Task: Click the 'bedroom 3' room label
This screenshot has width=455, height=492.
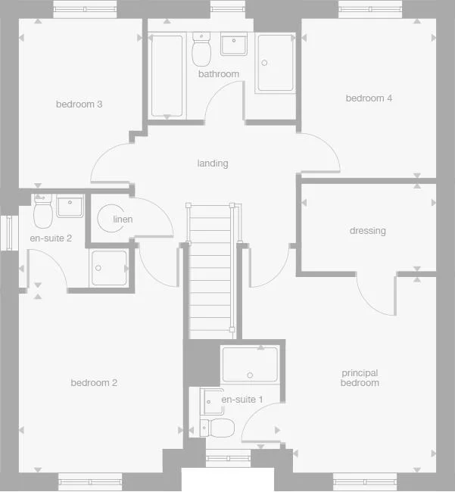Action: pyautogui.click(x=79, y=104)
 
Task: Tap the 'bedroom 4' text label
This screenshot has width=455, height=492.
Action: pyautogui.click(x=369, y=98)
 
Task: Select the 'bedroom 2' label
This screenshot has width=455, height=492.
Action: pyautogui.click(x=94, y=382)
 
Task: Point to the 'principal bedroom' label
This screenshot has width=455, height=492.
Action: pyautogui.click(x=360, y=378)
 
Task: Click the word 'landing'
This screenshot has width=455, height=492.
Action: pyautogui.click(x=212, y=163)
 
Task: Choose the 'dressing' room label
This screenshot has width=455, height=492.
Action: pyautogui.click(x=367, y=230)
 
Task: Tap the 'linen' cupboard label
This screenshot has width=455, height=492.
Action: pyautogui.click(x=123, y=220)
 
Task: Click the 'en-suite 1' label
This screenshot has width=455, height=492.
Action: pyautogui.click(x=242, y=399)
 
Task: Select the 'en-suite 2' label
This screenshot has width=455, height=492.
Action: pyautogui.click(x=51, y=238)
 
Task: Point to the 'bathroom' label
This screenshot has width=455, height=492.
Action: pyautogui.click(x=218, y=73)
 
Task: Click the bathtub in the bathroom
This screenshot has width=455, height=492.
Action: pyautogui.click(x=167, y=76)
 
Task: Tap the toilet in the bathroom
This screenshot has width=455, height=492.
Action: pyautogui.click(x=201, y=51)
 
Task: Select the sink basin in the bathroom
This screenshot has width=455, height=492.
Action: pyautogui.click(x=234, y=43)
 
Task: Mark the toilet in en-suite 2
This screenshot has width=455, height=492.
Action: pyautogui.click(x=43, y=211)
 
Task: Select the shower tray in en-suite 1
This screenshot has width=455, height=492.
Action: pyautogui.click(x=250, y=364)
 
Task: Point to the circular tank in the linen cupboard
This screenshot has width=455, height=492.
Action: pyautogui.click(x=110, y=219)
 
